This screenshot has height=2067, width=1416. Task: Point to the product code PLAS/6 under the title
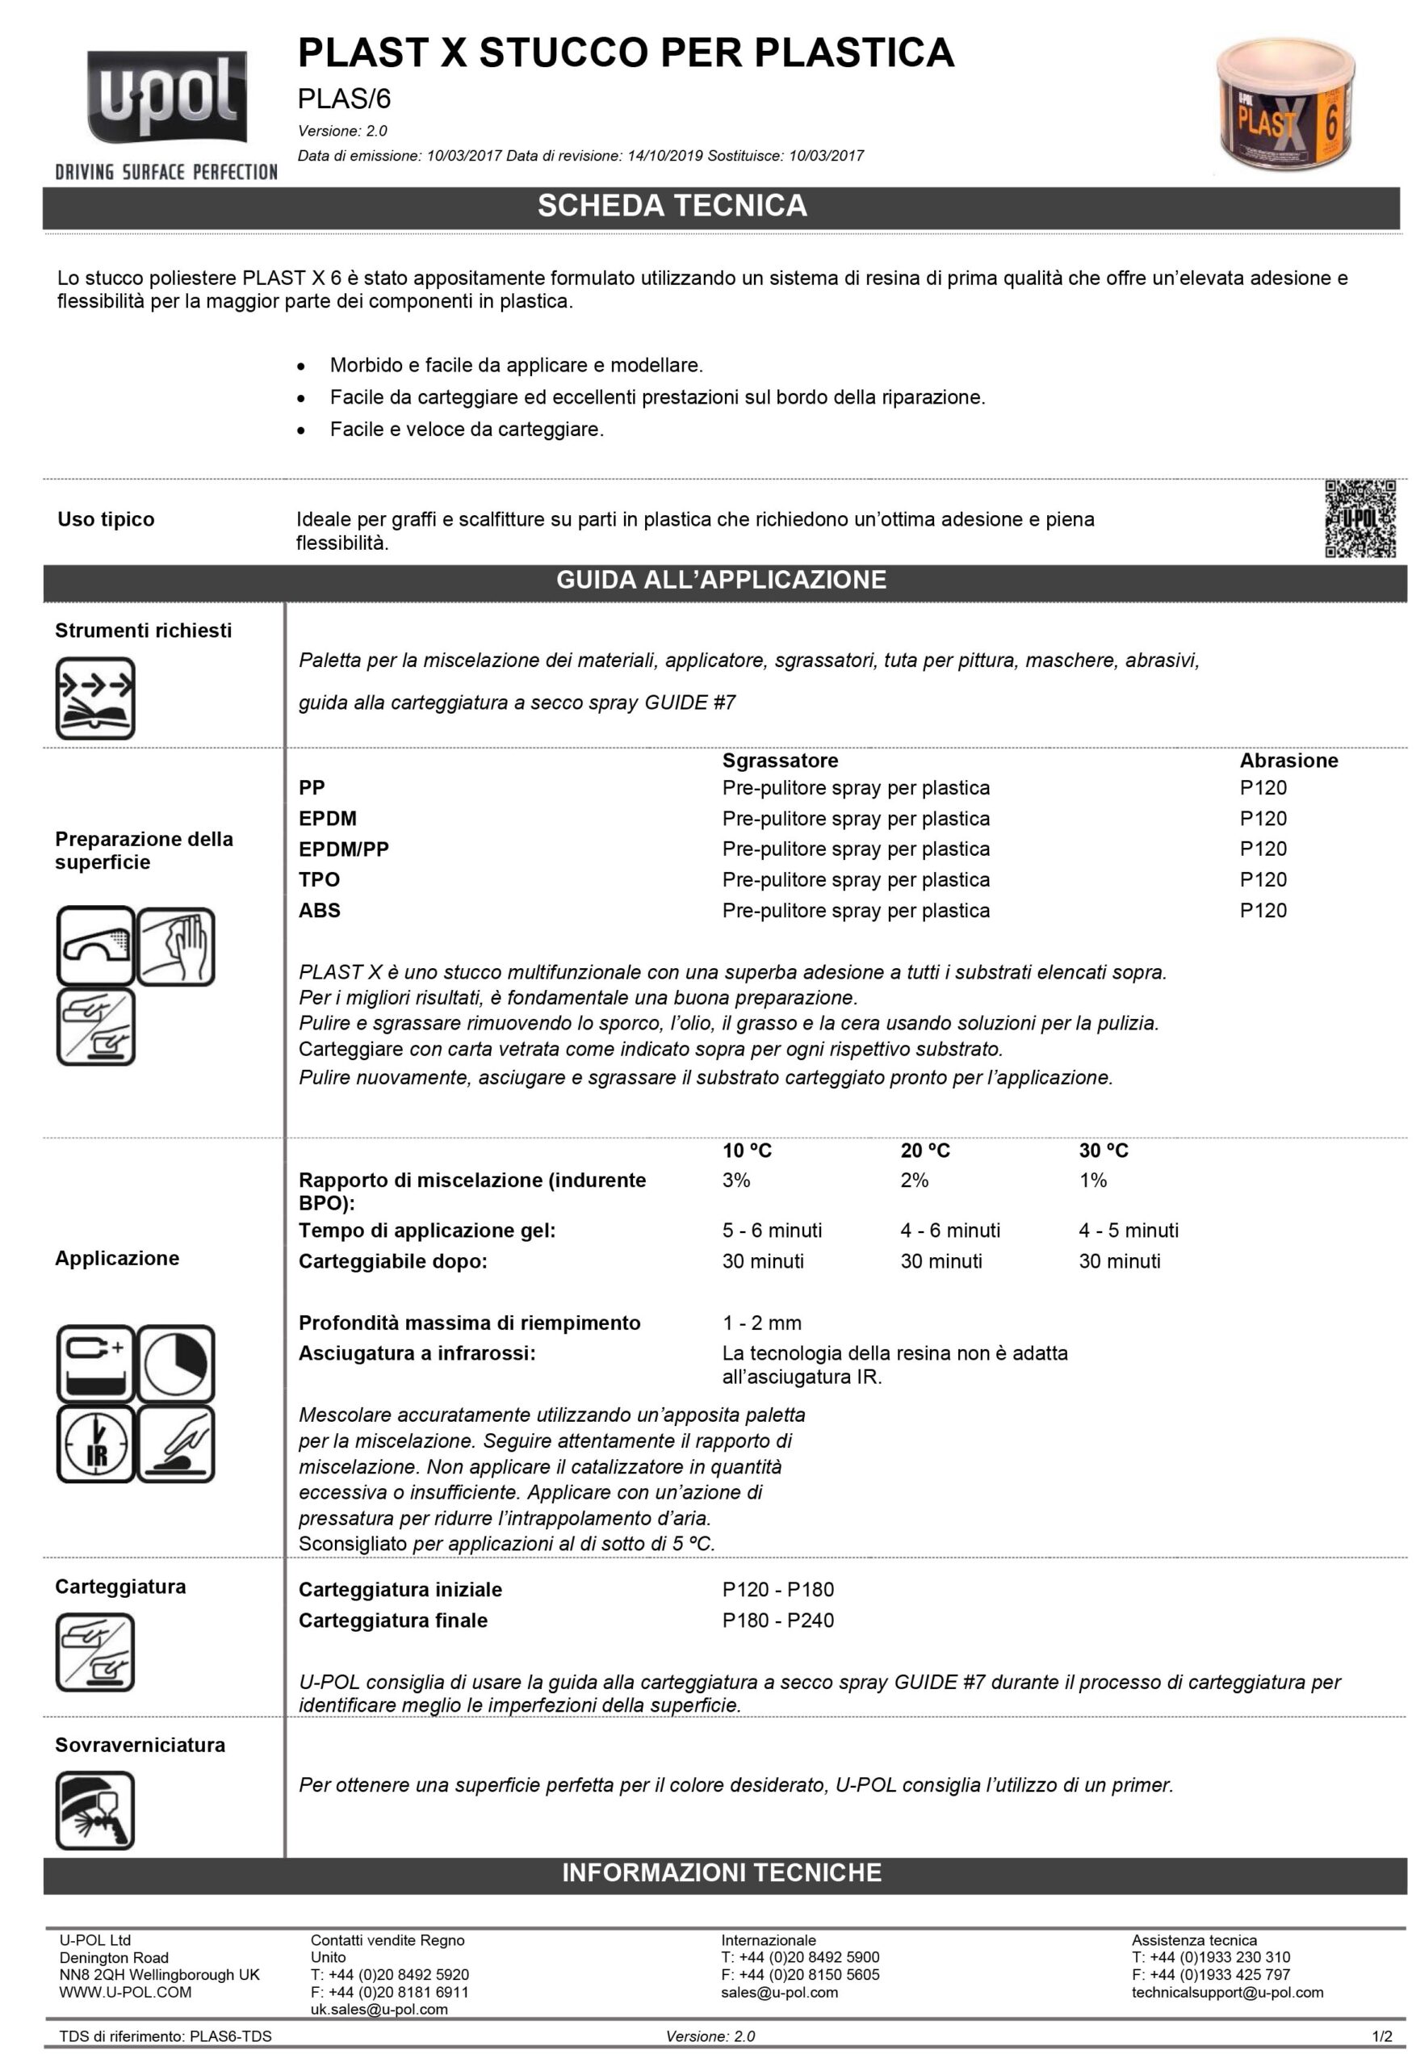click(344, 99)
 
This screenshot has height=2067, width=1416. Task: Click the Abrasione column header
click(1288, 761)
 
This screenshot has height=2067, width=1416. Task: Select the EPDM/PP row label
click(343, 849)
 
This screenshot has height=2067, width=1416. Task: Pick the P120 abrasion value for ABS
click(1263, 910)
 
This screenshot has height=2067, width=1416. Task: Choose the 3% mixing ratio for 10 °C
click(735, 1180)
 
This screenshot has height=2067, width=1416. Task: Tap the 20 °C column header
click(925, 1150)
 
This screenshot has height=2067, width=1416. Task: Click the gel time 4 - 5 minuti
click(1128, 1230)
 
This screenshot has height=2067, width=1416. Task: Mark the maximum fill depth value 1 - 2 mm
click(761, 1323)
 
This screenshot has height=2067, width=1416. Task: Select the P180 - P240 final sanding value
click(777, 1620)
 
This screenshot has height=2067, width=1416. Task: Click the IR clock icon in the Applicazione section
click(95, 1444)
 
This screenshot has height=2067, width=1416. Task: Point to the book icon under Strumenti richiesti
click(95, 698)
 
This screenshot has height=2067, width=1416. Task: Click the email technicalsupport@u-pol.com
click(1226, 1992)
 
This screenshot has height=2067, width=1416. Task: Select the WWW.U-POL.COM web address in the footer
click(125, 1992)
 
